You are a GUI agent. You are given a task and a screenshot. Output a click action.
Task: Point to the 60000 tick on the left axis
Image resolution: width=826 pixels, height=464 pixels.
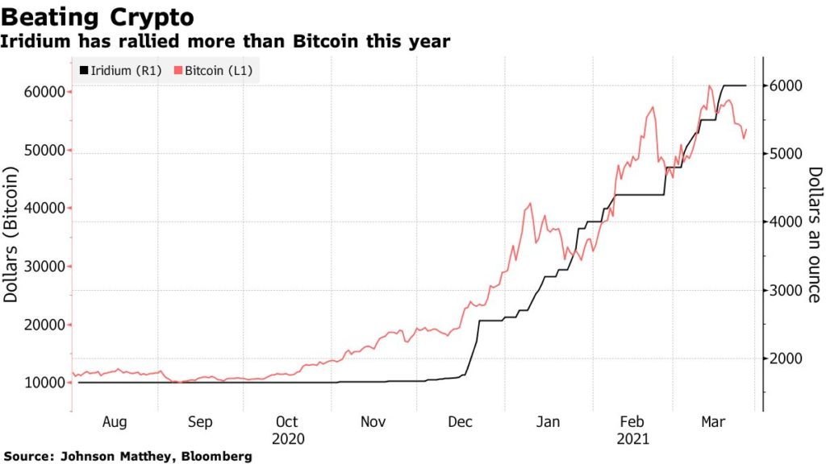(x=40, y=92)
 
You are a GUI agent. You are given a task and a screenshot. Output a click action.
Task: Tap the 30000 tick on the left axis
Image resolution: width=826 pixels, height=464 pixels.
(x=40, y=267)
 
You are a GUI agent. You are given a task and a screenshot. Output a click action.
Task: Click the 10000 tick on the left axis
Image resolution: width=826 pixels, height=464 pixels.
(x=40, y=383)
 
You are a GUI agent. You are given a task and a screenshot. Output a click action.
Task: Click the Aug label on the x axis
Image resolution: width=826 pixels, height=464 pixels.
(x=114, y=422)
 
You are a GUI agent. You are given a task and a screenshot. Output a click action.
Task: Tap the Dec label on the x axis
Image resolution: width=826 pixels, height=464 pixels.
(x=460, y=422)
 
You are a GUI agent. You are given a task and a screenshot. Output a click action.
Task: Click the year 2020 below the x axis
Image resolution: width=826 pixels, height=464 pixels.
(x=287, y=440)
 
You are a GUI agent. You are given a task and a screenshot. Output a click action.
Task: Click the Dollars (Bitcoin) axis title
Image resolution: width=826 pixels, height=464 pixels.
(x=11, y=234)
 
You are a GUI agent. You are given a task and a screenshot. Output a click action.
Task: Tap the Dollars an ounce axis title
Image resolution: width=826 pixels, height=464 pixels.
(x=814, y=234)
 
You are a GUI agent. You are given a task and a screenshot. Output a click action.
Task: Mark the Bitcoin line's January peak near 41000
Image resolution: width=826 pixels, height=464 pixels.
(x=529, y=203)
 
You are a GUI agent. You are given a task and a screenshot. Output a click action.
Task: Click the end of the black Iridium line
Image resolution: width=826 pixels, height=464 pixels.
(x=745, y=85)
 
